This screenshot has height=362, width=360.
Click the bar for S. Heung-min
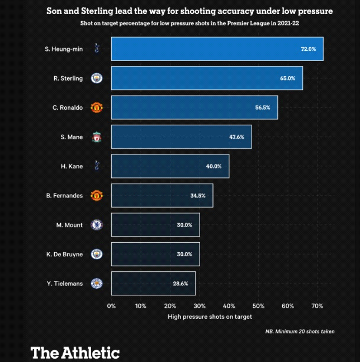[217, 49]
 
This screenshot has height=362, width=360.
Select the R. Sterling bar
[207, 78]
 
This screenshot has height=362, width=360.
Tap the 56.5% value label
[263, 107]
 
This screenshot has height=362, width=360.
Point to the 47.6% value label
[237, 137]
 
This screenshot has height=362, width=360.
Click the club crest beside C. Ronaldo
[97, 107]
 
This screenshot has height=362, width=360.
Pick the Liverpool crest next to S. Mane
[97, 137]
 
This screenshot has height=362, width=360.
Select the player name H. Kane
[72, 166]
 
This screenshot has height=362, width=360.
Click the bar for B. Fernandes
[162, 195]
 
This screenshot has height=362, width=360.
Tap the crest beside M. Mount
[97, 225]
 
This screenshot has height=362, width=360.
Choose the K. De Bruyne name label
[64, 254]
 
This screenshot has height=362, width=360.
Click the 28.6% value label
[181, 284]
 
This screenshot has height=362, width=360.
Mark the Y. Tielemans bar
[153, 284]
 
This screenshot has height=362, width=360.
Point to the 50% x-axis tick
[258, 305]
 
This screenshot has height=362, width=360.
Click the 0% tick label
[111, 305]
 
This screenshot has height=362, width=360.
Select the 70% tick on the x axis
[317, 305]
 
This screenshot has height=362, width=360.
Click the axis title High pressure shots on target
[210, 317]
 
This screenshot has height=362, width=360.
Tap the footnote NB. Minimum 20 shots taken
[300, 331]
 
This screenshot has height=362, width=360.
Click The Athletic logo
[75, 352]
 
